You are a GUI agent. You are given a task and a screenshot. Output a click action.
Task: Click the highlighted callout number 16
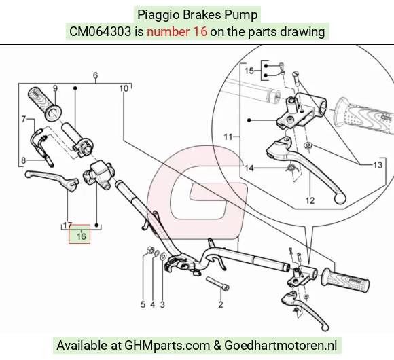coord(82,236)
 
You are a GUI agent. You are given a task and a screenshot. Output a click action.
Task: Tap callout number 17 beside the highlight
coord(68,226)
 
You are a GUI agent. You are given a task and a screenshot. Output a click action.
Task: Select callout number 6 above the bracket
coord(96,75)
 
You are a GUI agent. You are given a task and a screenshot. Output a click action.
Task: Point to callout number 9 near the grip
coord(55,88)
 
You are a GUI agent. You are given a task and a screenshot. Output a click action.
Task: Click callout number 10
coord(124,88)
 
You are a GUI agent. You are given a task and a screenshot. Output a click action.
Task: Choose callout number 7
coord(24,119)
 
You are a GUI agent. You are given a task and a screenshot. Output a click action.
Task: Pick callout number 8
coord(23,160)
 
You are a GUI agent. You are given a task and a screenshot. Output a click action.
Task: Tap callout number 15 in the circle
coord(249,71)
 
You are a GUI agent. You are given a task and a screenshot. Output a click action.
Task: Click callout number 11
coord(228,137)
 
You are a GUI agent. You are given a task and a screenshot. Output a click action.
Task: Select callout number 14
coord(249,168)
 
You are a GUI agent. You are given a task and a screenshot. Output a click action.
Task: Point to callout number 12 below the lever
coord(310,200)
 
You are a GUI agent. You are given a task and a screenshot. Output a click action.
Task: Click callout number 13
coord(378,165)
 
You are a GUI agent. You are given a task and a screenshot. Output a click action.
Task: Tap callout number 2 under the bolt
coord(221,304)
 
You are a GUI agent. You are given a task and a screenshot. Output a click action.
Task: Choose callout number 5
coord(143,304)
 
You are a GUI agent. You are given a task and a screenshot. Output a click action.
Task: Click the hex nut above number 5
coord(151,250)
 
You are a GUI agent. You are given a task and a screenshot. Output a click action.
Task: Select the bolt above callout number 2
coord(217,284)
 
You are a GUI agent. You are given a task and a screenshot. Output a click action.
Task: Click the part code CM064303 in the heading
coord(101,32)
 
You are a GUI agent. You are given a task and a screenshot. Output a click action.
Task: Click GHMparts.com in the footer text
coord(167,346)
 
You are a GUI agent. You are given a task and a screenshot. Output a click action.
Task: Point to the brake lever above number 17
coord(52,179)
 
